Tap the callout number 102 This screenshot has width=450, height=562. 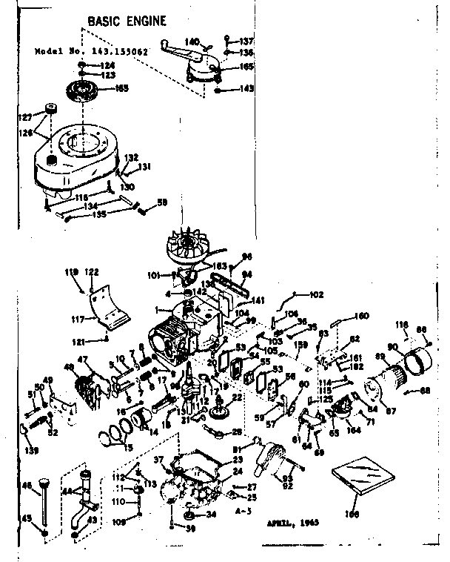[316, 294]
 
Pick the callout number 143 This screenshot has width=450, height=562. [246, 88]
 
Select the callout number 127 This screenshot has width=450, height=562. [25, 116]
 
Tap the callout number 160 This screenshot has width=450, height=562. [361, 317]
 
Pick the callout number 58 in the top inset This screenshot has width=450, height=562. [162, 202]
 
